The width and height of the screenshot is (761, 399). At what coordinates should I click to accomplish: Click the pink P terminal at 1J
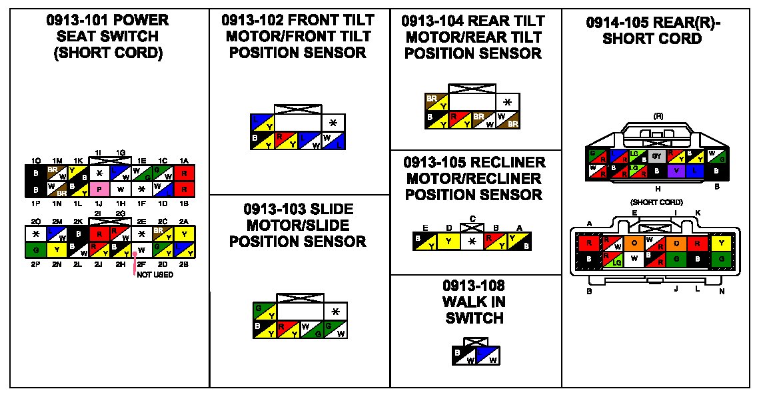(99, 189)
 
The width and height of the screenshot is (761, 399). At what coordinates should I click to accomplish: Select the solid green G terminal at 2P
(36, 251)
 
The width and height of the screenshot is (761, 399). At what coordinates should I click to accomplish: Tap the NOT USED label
(155, 274)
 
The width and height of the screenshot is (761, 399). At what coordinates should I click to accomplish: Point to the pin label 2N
(58, 265)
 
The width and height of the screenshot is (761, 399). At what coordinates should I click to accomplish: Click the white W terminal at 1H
(121, 189)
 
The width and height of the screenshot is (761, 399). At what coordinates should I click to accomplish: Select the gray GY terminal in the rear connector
(656, 156)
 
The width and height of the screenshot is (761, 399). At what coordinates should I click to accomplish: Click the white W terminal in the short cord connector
(634, 258)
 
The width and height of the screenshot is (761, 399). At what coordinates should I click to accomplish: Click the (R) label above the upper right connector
(658, 116)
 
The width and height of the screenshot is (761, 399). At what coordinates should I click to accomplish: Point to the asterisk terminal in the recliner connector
(471, 241)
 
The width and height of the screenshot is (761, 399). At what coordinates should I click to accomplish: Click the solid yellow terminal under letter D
(448, 241)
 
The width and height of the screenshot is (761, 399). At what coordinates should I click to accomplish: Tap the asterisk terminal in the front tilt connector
(333, 123)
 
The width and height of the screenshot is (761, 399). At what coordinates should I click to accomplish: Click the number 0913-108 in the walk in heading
(473, 286)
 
